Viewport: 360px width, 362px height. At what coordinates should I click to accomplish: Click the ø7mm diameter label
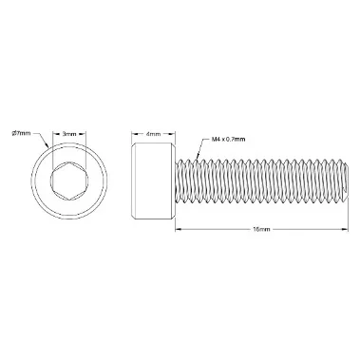[21, 133]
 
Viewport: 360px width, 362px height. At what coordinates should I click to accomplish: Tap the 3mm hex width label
[69, 134]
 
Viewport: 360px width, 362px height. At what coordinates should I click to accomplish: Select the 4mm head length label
[153, 134]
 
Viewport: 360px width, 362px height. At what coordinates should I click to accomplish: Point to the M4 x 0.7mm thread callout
[228, 139]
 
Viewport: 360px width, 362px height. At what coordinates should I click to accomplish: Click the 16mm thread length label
[261, 229]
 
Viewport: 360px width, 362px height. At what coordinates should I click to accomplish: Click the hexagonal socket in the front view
[69, 181]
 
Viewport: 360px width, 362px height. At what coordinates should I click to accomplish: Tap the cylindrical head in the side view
[153, 181]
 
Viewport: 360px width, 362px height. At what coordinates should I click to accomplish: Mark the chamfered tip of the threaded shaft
[346, 181]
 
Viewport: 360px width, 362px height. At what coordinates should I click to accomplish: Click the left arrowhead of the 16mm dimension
[178, 229]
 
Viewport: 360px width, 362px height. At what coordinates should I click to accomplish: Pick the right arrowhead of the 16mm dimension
[346, 229]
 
